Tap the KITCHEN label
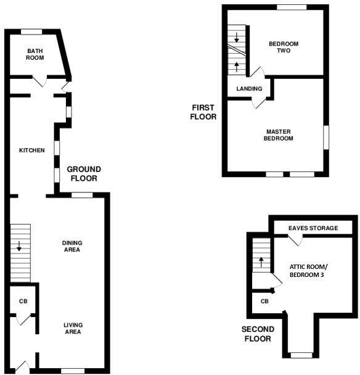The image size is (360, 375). [x=32, y=150]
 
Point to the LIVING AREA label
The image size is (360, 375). [x=73, y=328]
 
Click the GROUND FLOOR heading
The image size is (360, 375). [x=84, y=173]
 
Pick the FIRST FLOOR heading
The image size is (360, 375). [x=203, y=112]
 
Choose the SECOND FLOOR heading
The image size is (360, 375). [x=258, y=334]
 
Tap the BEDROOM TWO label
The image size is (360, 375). [x=284, y=47]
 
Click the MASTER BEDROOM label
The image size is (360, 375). [x=279, y=135]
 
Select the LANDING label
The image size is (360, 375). [x=250, y=89]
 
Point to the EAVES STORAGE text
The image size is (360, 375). [x=314, y=228]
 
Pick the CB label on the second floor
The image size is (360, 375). [x=264, y=302]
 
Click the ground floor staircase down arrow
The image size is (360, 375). [x=19, y=245]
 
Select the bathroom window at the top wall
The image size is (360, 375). [x=31, y=31]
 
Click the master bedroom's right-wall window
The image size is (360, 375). [x=325, y=136]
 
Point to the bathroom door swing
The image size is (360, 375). [x=39, y=81]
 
